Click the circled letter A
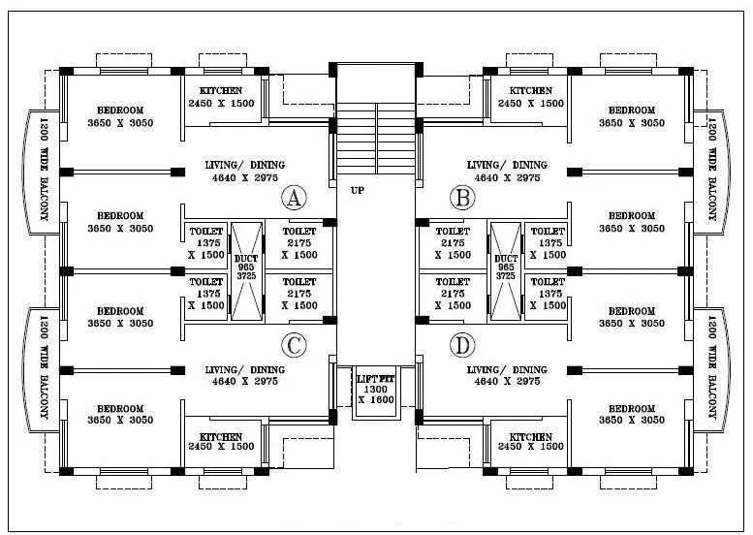[x=294, y=200]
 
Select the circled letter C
[x=294, y=345]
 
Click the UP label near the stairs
[x=358, y=191]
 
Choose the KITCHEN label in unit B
[x=530, y=91]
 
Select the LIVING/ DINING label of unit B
[x=507, y=165]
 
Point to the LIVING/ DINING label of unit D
[x=507, y=370]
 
